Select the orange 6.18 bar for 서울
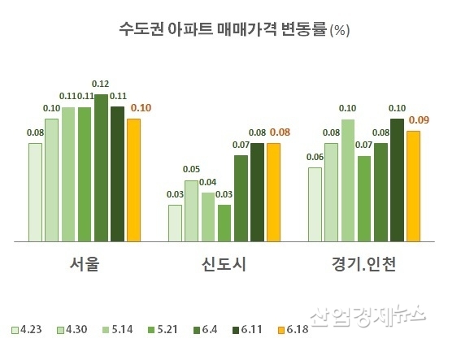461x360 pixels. tap(133, 180)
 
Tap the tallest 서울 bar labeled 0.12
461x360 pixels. tap(101, 168)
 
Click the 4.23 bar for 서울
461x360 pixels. tap(35, 193)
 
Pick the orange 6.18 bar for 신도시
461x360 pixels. tap(274, 193)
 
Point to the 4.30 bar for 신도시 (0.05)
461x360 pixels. tap(192, 210)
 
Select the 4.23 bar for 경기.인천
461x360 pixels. tap(315, 204)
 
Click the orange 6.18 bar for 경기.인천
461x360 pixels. tap(413, 186)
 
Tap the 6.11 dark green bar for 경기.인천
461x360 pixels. tap(397, 180)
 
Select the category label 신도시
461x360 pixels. tap(224, 265)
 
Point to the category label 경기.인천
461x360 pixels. tap(364, 265)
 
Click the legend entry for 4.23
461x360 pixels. tap(27, 329)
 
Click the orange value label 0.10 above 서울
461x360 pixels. tap(140, 107)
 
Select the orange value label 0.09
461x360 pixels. tap(420, 120)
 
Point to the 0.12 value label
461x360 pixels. tap(101, 84)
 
